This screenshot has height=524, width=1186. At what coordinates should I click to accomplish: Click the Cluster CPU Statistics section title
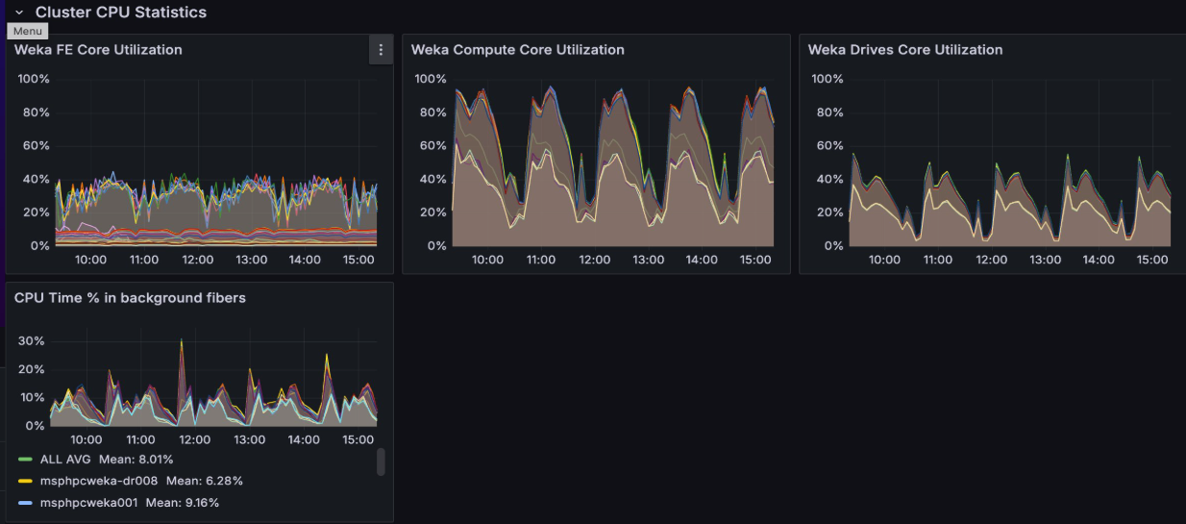coord(120,12)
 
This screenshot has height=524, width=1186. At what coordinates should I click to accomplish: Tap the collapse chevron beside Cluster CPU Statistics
coord(19,12)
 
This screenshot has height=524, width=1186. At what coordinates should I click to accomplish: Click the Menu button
coord(27,31)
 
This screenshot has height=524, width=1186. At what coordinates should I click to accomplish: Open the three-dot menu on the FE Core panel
coord(381,50)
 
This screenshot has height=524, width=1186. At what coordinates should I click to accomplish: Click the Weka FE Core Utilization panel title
coord(98,50)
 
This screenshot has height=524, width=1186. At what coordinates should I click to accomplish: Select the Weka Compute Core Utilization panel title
coord(517,50)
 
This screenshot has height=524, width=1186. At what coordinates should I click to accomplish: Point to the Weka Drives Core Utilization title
coord(904,50)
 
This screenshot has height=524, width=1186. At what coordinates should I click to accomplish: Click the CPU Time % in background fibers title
coord(130,298)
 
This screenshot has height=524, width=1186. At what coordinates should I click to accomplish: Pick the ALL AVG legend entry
coord(65,460)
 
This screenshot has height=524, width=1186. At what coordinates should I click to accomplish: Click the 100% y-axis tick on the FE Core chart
coord(34,79)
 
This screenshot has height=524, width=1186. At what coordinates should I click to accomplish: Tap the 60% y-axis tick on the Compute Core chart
coord(431,146)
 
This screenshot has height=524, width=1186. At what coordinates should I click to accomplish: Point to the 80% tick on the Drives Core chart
coord(828,112)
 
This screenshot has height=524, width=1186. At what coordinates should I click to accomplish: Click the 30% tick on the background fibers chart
coord(32,341)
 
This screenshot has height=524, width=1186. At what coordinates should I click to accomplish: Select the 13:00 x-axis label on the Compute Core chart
coord(648,260)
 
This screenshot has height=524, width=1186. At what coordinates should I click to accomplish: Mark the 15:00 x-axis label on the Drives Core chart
coord(1151,260)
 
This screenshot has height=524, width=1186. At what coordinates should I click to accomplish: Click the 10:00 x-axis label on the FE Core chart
coord(90,260)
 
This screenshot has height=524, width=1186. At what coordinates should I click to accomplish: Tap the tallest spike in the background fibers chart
coord(181,341)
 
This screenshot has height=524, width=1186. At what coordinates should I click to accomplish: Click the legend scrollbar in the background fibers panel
coord(381,462)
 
